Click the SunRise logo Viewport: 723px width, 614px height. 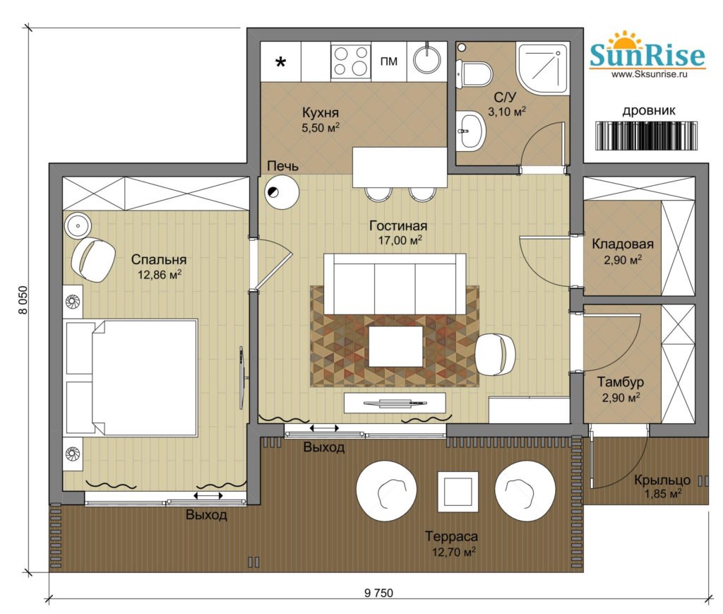[x=647, y=54]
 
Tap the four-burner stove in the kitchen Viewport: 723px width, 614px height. [x=351, y=61]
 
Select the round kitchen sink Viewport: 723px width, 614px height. [x=427, y=59]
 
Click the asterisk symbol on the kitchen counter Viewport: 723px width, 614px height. [x=280, y=61]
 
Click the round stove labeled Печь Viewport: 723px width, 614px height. [x=282, y=192]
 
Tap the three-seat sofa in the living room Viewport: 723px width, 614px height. [x=395, y=284]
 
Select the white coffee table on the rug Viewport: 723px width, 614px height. [x=395, y=346]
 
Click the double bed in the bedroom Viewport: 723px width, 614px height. [x=131, y=377]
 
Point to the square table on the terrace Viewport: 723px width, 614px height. [x=458, y=492]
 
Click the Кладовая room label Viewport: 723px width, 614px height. [x=623, y=244]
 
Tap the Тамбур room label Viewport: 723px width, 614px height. [x=621, y=382]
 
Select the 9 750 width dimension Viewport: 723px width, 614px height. [x=378, y=593]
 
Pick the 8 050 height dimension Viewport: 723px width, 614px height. [x=23, y=300]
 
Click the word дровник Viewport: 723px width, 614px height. [x=649, y=111]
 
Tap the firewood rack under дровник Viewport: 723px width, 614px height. [x=646, y=136]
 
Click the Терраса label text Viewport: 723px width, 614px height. [x=451, y=536]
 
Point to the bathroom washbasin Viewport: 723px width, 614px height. [x=471, y=131]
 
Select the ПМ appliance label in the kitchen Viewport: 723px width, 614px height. [x=389, y=61]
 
